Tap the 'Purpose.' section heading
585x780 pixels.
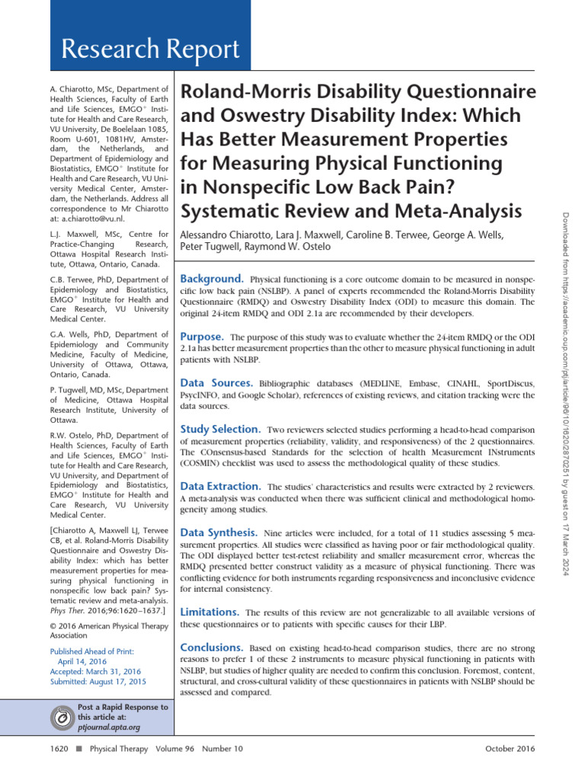click(x=202, y=336)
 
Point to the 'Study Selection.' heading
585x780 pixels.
click(x=221, y=430)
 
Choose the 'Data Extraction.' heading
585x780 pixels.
click(x=221, y=486)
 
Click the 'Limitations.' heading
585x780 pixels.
click(x=209, y=612)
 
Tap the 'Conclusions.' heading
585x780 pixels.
click(x=212, y=647)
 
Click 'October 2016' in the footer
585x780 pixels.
click(x=510, y=749)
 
